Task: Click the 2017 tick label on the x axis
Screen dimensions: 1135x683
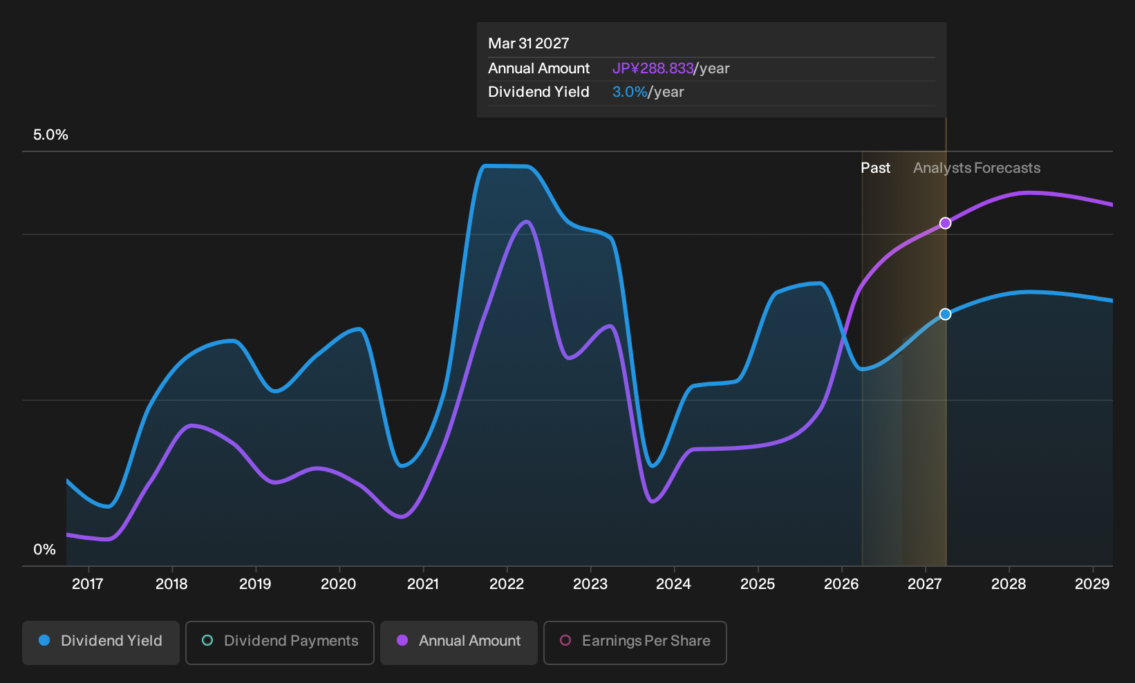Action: coord(88,584)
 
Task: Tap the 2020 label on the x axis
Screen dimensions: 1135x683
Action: coord(339,584)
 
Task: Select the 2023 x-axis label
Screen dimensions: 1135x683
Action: coord(590,584)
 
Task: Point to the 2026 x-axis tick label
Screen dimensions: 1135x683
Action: coord(841,584)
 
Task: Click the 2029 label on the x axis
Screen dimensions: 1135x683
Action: coord(1092,584)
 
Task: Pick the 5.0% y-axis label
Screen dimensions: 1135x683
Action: coord(50,135)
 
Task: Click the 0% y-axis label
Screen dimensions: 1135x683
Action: coord(45,550)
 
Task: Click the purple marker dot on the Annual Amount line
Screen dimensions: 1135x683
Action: coord(945,223)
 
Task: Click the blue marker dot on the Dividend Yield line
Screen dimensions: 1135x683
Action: coord(945,315)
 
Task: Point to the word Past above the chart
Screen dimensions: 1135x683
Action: coord(876,168)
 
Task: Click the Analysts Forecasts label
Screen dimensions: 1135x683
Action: coord(977,168)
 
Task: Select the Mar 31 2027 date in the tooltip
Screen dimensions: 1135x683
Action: coord(529,44)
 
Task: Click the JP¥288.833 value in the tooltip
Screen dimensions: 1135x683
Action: coord(653,68)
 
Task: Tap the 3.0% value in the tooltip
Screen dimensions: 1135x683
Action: coord(630,92)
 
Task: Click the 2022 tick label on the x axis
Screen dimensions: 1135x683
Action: coord(506,584)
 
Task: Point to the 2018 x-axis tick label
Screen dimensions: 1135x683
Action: coord(171,584)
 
